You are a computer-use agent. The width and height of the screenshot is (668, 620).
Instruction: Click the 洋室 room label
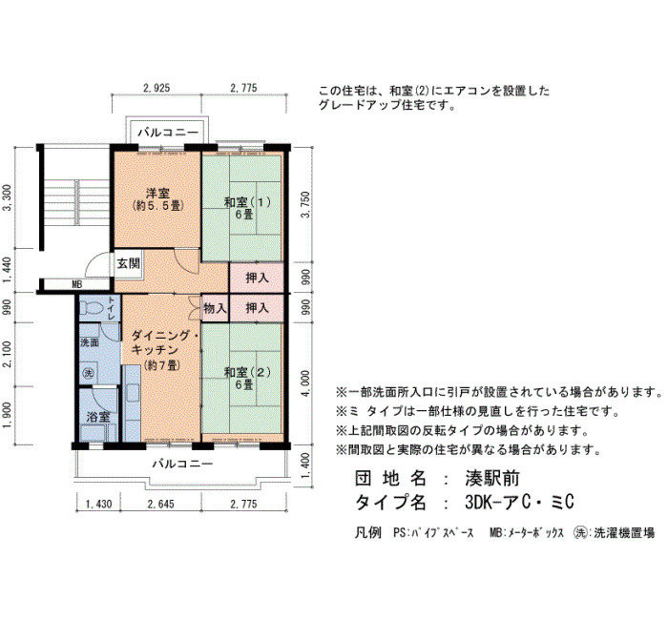point(157,194)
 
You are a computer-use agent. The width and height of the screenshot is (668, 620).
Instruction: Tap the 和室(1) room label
point(247,201)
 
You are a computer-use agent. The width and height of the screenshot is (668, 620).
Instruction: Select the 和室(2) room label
point(247,372)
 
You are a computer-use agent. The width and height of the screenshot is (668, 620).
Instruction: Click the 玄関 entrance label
point(128,263)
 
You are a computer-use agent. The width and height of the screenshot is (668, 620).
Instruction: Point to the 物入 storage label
point(215,308)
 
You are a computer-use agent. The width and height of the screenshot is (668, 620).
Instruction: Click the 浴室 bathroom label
point(98,417)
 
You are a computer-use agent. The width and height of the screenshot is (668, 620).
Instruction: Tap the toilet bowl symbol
point(92,307)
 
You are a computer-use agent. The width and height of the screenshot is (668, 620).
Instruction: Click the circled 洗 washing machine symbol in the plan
point(88,374)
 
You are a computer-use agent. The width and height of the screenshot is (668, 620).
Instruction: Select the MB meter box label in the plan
point(77,284)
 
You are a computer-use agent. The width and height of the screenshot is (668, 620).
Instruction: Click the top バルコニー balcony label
point(168,133)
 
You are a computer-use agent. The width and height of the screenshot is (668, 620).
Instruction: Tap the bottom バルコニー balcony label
point(183,464)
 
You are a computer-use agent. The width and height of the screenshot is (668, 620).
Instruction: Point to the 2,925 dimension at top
point(157,88)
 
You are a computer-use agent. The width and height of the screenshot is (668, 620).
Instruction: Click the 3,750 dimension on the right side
point(305,204)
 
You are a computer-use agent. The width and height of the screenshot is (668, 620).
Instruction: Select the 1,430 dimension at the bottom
point(99,505)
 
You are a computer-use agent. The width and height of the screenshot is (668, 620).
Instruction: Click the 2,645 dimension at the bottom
point(161,505)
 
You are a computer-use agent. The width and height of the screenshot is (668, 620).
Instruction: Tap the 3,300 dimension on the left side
point(7,197)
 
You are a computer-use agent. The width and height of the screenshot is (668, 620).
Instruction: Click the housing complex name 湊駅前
point(492,479)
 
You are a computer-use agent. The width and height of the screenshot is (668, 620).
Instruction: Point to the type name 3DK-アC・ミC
point(519,502)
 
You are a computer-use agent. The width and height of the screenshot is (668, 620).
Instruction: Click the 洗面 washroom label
point(90,342)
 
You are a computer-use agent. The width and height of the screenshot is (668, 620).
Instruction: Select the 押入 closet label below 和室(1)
point(258,278)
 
